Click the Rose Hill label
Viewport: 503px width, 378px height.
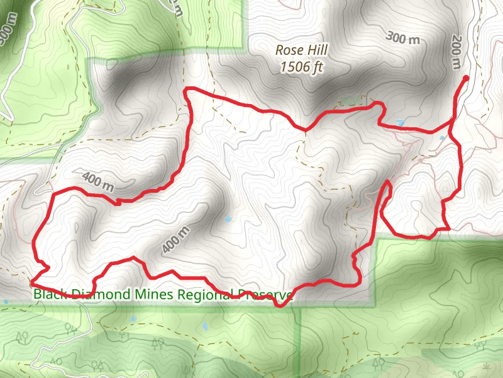pyautogui.click(x=302, y=50)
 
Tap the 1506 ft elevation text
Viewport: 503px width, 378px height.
pyautogui.click(x=302, y=67)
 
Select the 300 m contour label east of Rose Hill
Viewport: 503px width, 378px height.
pyautogui.click(x=403, y=38)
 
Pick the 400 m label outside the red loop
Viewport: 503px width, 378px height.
pyautogui.click(x=97, y=181)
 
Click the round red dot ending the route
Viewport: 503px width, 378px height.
pyautogui.click(x=466, y=78)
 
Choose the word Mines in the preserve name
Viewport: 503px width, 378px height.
pyautogui.click(x=153, y=294)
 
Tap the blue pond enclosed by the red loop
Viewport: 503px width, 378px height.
pyautogui.click(x=228, y=219)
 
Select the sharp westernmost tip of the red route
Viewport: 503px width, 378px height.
pyautogui.click(x=31, y=284)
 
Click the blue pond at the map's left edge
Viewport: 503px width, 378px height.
pyautogui.click(x=6, y=302)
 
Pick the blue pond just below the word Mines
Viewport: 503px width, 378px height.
pyautogui.click(x=133, y=319)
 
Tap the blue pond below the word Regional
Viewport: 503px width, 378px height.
pyautogui.click(x=204, y=326)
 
